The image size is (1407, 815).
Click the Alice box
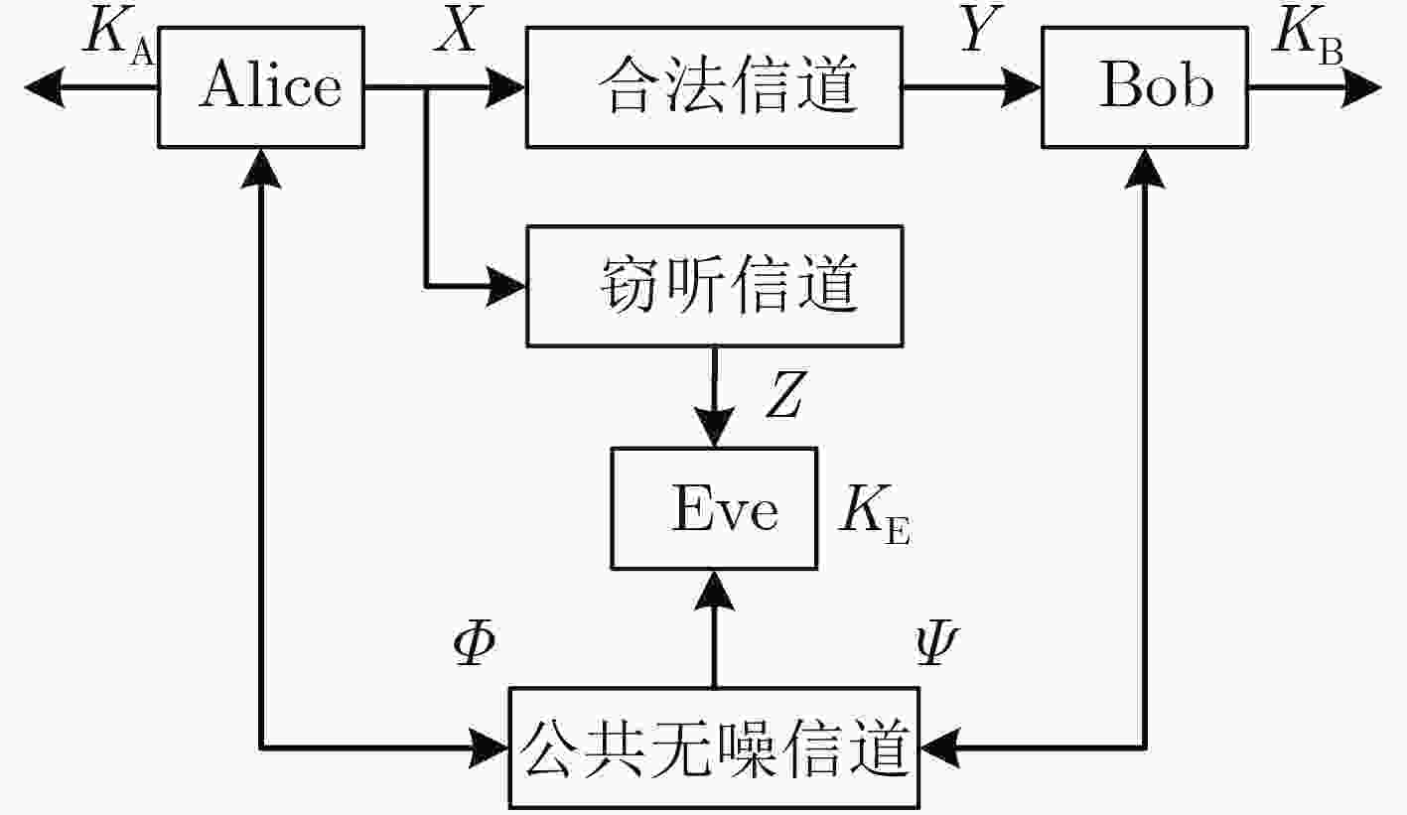click(x=261, y=87)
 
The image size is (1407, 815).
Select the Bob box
click(x=1145, y=87)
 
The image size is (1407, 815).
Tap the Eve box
click(x=714, y=508)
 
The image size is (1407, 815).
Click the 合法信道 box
click(x=714, y=87)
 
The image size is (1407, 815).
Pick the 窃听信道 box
click(x=714, y=286)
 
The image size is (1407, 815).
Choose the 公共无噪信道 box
click(x=714, y=747)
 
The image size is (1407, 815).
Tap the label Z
click(x=785, y=394)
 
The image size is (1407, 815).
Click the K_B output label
click(x=1308, y=37)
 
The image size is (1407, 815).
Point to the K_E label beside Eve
click(x=875, y=515)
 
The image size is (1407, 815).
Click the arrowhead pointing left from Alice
click(x=44, y=87)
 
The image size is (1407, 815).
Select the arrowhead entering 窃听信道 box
click(x=505, y=286)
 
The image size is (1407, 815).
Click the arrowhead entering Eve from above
click(x=714, y=427)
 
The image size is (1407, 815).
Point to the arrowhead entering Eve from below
click(x=714, y=591)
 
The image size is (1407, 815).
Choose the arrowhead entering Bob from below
click(x=1145, y=169)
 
